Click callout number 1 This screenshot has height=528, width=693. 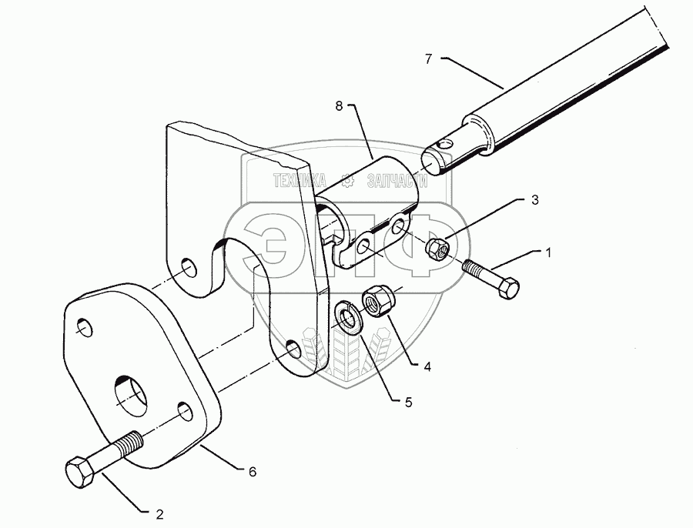(549, 252)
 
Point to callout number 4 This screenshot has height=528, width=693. (425, 367)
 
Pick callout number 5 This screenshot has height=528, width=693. (397, 400)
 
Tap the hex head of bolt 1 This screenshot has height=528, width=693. (509, 287)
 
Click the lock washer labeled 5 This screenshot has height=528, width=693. (350, 317)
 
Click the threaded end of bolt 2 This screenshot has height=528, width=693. (129, 444)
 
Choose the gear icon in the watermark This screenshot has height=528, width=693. (347, 182)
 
